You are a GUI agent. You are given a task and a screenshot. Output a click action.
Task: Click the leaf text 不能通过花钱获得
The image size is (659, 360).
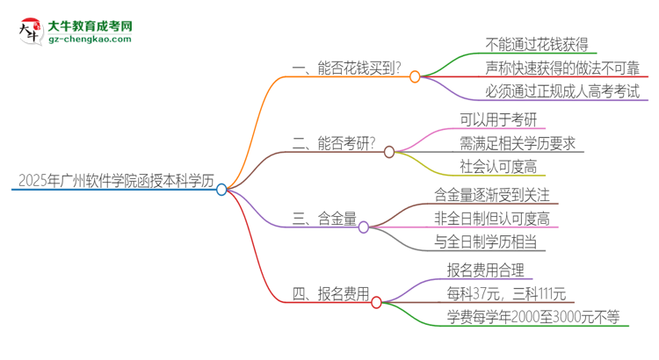tap(536, 46)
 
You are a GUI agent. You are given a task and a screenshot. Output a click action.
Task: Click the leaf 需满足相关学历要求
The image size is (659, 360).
tap(518, 143)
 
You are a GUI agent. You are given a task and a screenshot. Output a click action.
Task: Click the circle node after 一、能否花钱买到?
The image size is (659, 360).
tap(415, 77)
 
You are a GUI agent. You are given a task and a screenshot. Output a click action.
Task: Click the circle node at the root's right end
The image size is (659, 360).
tap(221, 189)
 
